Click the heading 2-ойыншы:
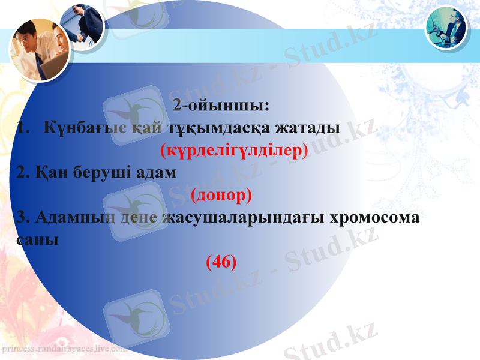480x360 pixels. click(221, 107)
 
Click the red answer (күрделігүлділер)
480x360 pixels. click(234, 150)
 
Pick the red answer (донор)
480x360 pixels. click(221, 195)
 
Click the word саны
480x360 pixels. click(38, 239)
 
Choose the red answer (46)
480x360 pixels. click(221, 262)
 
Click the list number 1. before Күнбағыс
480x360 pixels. click(25, 128)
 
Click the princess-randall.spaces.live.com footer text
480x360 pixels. click(64, 348)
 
